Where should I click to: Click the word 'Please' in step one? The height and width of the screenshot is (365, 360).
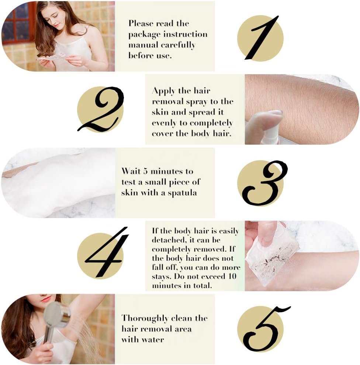pos(141,23)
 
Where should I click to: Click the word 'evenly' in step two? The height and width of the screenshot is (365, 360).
pos(164,123)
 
